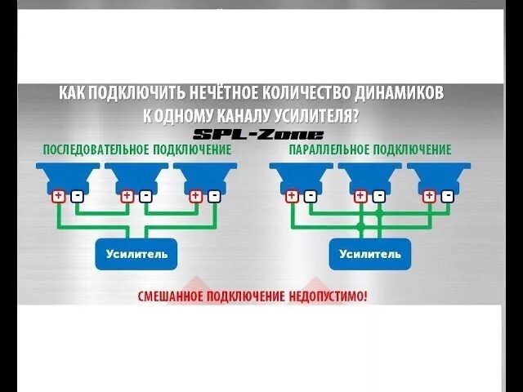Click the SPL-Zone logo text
[259, 135]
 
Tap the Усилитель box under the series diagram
[136, 254]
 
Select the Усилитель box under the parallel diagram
[369, 254]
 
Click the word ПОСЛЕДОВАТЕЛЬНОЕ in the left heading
[90, 150]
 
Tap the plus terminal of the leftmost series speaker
[59, 196]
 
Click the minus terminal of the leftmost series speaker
[77, 196]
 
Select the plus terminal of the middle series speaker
[127, 196]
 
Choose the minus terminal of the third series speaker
[214, 196]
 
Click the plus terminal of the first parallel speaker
[292, 196]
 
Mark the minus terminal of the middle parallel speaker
[378, 196]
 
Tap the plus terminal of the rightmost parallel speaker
[429, 196]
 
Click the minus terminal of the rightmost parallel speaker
[447, 196]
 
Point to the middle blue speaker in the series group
[136, 176]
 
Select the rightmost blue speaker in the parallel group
[438, 176]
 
